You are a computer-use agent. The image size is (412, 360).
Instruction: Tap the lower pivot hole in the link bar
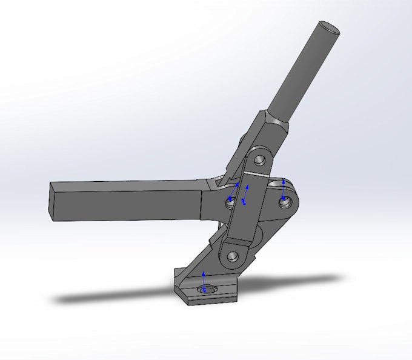click(233, 256)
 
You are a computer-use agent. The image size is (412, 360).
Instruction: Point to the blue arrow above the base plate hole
click(204, 280)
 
